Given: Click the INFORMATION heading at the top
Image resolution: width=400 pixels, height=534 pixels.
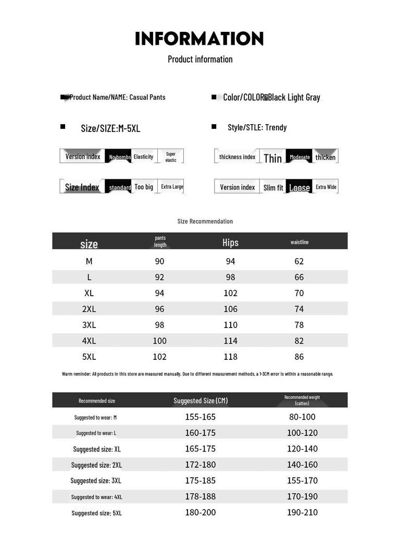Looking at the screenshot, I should point(199,39).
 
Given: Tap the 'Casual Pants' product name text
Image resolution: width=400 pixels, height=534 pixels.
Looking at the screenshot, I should point(147,97).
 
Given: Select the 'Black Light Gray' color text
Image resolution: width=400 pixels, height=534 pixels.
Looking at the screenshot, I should point(294,98).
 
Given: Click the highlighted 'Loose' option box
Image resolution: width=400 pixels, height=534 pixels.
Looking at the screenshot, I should point(299,187).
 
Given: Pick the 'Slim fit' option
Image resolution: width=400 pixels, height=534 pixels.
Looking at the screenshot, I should point(273,187).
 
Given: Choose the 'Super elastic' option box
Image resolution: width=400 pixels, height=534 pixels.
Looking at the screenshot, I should point(171,156).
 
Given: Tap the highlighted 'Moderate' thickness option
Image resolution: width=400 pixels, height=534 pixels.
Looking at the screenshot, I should point(299,157).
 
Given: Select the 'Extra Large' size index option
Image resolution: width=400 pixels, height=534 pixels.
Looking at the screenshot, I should point(172,187).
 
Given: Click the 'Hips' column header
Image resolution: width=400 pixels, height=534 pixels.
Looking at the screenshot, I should point(230,242).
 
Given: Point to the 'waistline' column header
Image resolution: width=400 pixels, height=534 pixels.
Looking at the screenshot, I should point(299,242).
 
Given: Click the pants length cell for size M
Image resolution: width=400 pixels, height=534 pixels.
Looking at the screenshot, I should point(159,261).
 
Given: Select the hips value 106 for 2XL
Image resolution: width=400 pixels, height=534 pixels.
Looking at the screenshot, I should point(230,309).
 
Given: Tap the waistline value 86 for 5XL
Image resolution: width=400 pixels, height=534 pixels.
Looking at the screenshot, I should point(299,357).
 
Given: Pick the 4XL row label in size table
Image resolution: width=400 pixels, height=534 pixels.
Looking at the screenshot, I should point(89,341).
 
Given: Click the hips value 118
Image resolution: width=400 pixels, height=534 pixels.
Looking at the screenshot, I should point(230,357).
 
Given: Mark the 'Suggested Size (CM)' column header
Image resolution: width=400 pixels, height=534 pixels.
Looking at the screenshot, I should point(201,400).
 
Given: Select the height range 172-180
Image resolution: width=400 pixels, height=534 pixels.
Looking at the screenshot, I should point(200,465).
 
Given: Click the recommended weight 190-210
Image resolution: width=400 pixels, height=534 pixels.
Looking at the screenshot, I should point(302,512).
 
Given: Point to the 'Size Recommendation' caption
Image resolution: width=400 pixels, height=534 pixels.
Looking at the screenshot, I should point(205,221).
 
